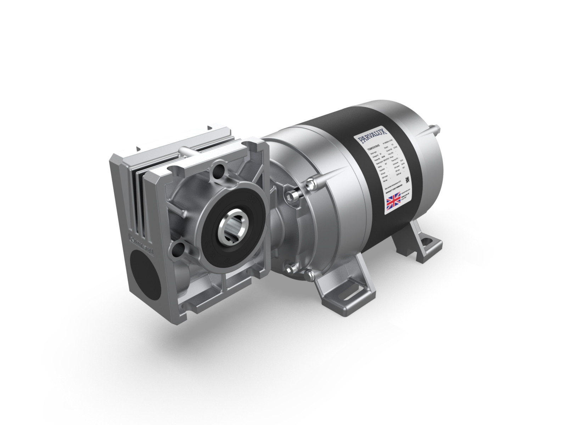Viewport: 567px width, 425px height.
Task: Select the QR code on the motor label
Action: pyautogui.click(x=407, y=179)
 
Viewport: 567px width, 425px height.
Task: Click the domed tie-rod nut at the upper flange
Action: pyautogui.click(x=311, y=183)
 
